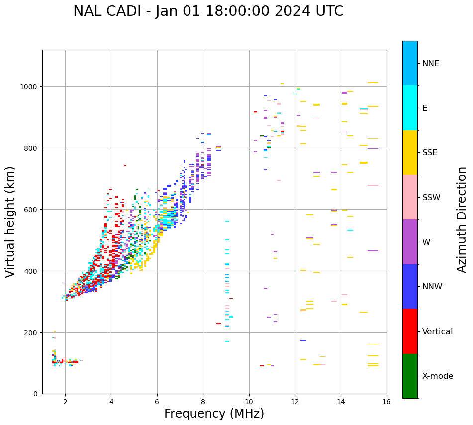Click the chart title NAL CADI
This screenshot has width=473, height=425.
(208, 11)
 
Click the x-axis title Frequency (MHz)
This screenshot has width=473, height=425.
(214, 414)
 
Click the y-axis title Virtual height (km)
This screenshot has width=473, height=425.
(10, 221)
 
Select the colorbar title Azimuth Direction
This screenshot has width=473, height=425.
(462, 219)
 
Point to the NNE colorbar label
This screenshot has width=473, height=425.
(431, 63)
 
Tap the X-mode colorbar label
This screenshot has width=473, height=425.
(438, 376)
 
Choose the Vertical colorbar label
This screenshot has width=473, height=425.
(438, 332)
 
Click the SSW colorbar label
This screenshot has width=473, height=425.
(431, 197)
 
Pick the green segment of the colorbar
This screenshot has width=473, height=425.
(410, 376)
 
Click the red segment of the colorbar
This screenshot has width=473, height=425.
(410, 331)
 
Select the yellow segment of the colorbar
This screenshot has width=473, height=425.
(410, 152)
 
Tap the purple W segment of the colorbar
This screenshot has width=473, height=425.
(410, 242)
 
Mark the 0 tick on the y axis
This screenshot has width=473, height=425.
(35, 394)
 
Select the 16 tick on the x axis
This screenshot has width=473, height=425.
(387, 402)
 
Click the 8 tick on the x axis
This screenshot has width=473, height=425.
(203, 402)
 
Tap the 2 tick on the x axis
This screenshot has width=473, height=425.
(65, 402)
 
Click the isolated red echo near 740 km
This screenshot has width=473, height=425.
(125, 166)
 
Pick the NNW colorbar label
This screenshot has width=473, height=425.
(432, 287)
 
